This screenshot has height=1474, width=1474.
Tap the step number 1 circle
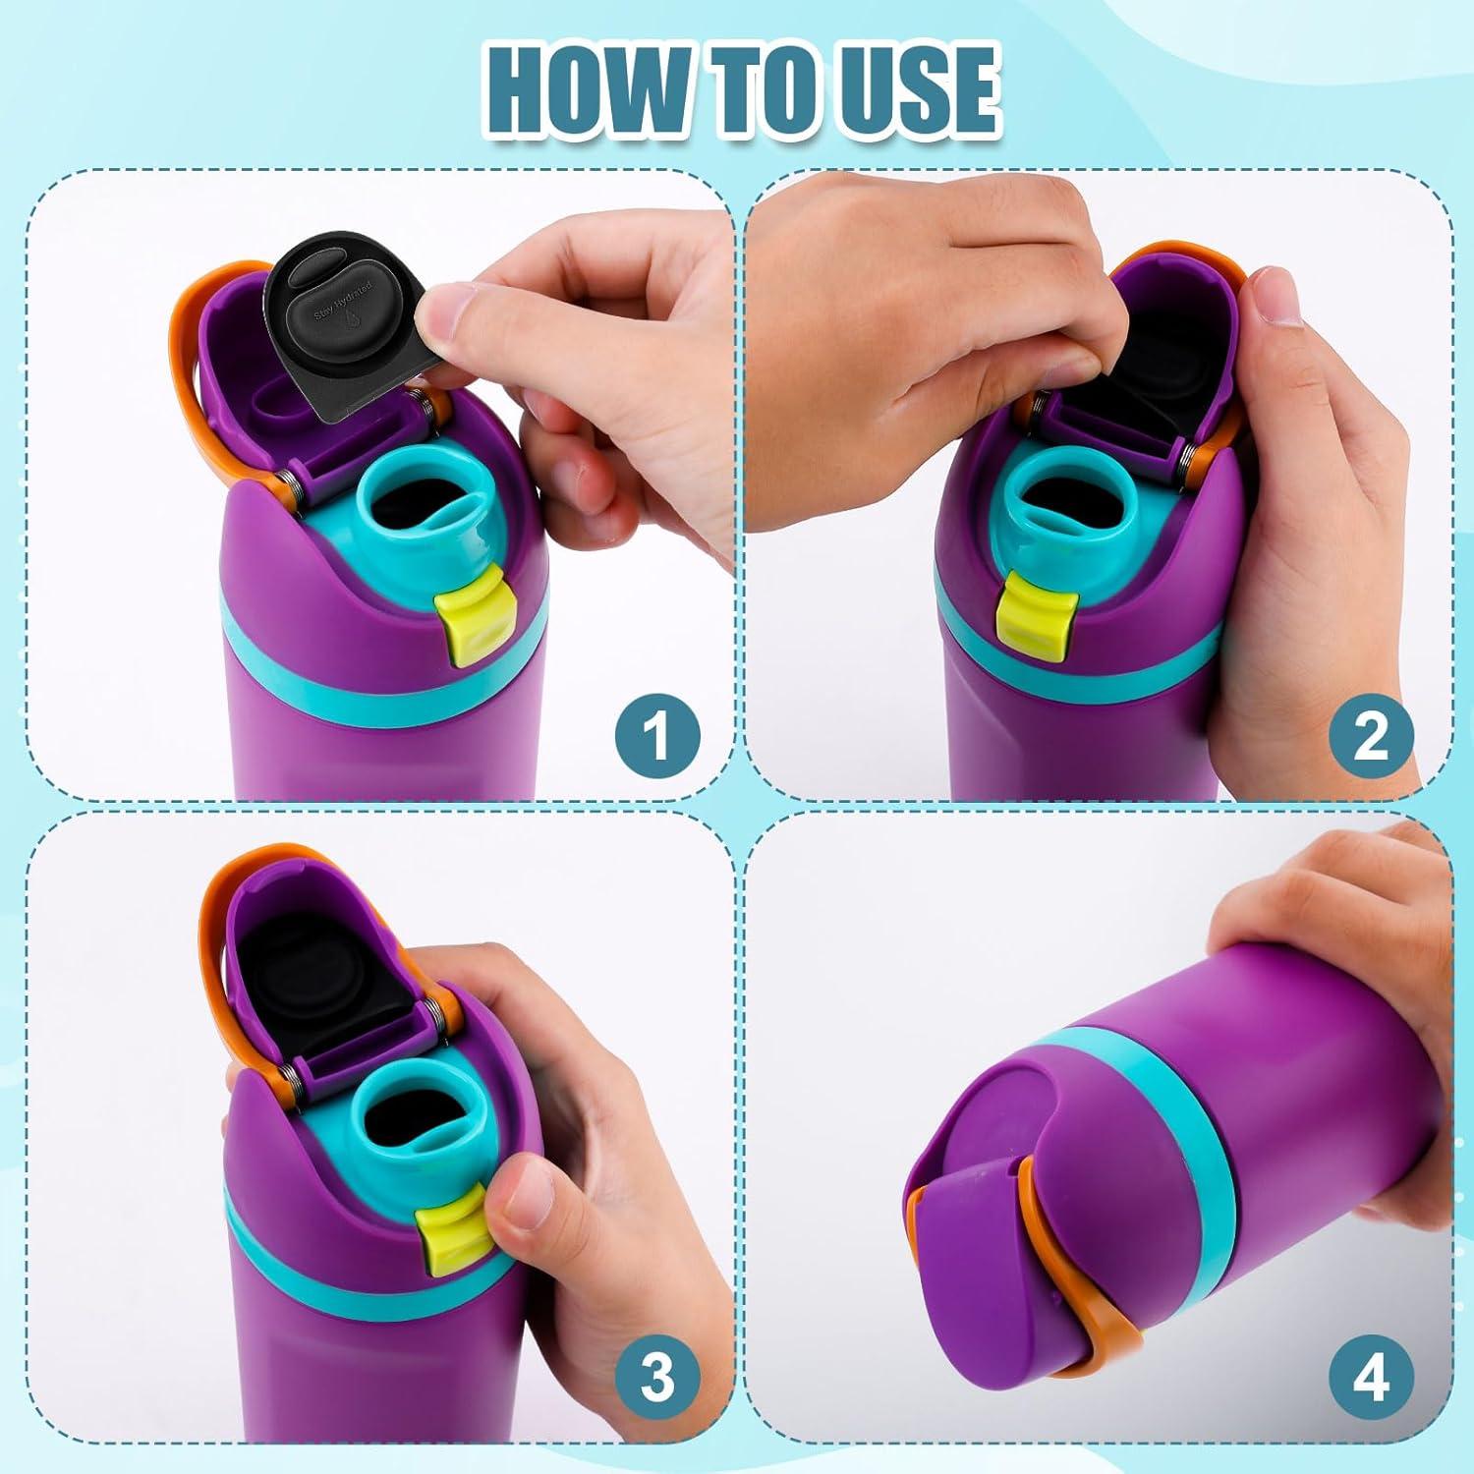(657, 736)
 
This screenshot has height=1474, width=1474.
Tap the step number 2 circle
(1371, 736)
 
